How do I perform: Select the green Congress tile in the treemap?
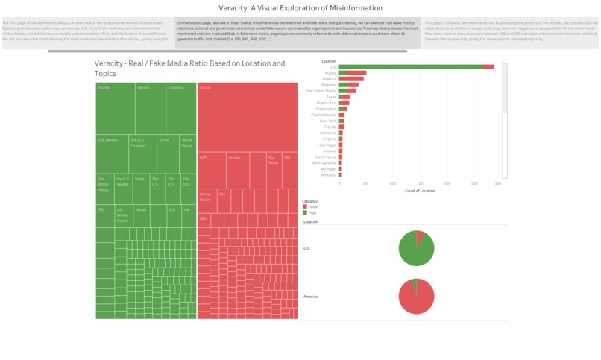(x=181, y=107)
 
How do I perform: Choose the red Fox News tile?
(x=274, y=170)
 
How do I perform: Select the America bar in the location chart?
(x=351, y=78)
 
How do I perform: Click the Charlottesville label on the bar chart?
(x=324, y=115)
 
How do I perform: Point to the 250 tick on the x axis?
(x=475, y=183)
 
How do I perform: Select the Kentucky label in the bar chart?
(x=327, y=174)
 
